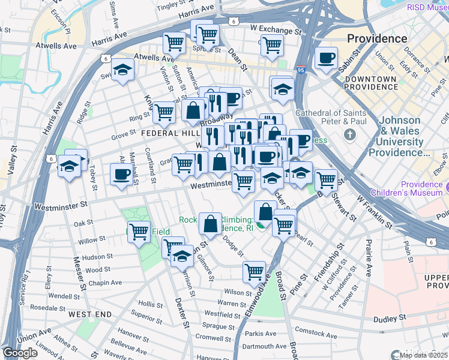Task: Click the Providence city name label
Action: coord(377,38)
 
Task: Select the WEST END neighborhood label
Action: coord(89,314)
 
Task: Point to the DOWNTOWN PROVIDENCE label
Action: coord(371,83)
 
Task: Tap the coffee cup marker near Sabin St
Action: coord(326,59)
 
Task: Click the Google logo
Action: coord(20,353)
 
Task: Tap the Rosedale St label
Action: coord(43,307)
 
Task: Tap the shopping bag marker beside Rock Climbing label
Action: coord(210,223)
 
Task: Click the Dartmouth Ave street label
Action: coord(264,346)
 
